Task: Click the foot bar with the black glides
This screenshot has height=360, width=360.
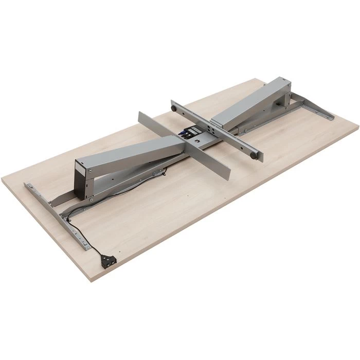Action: [x=216, y=131]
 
